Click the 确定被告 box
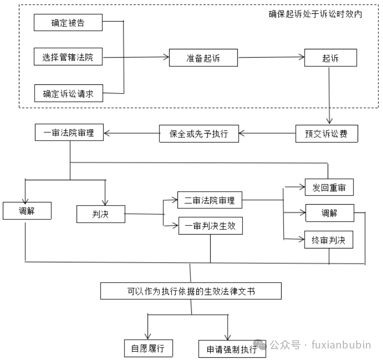68,23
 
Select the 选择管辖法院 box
68,58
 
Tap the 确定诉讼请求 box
68,94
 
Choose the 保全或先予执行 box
200,134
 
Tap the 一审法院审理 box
69,133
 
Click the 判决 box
100,214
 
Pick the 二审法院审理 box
210,201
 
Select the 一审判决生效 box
210,226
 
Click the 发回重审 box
329,188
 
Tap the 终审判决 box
329,240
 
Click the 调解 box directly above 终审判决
329,213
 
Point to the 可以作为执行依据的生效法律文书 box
191,291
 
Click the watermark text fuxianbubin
341,345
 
